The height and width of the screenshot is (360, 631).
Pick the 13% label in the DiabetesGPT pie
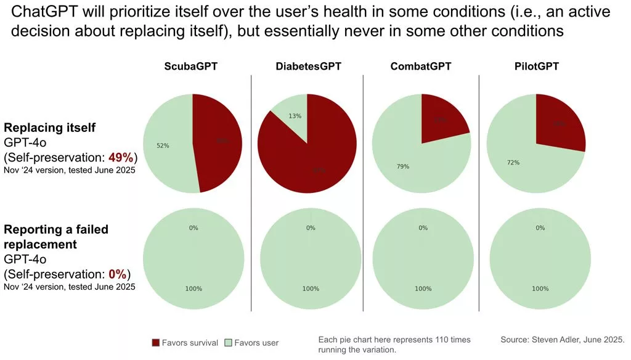[x=295, y=116]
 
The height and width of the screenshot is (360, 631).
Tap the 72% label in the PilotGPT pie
[x=513, y=163]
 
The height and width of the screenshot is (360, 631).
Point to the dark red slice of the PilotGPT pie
[x=558, y=123]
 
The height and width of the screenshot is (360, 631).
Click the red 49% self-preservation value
[x=119, y=155]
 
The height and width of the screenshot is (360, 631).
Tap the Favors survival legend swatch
[x=155, y=343]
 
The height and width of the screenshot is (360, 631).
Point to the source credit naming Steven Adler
[x=563, y=340]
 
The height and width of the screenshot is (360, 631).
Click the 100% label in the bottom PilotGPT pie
[x=540, y=288]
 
